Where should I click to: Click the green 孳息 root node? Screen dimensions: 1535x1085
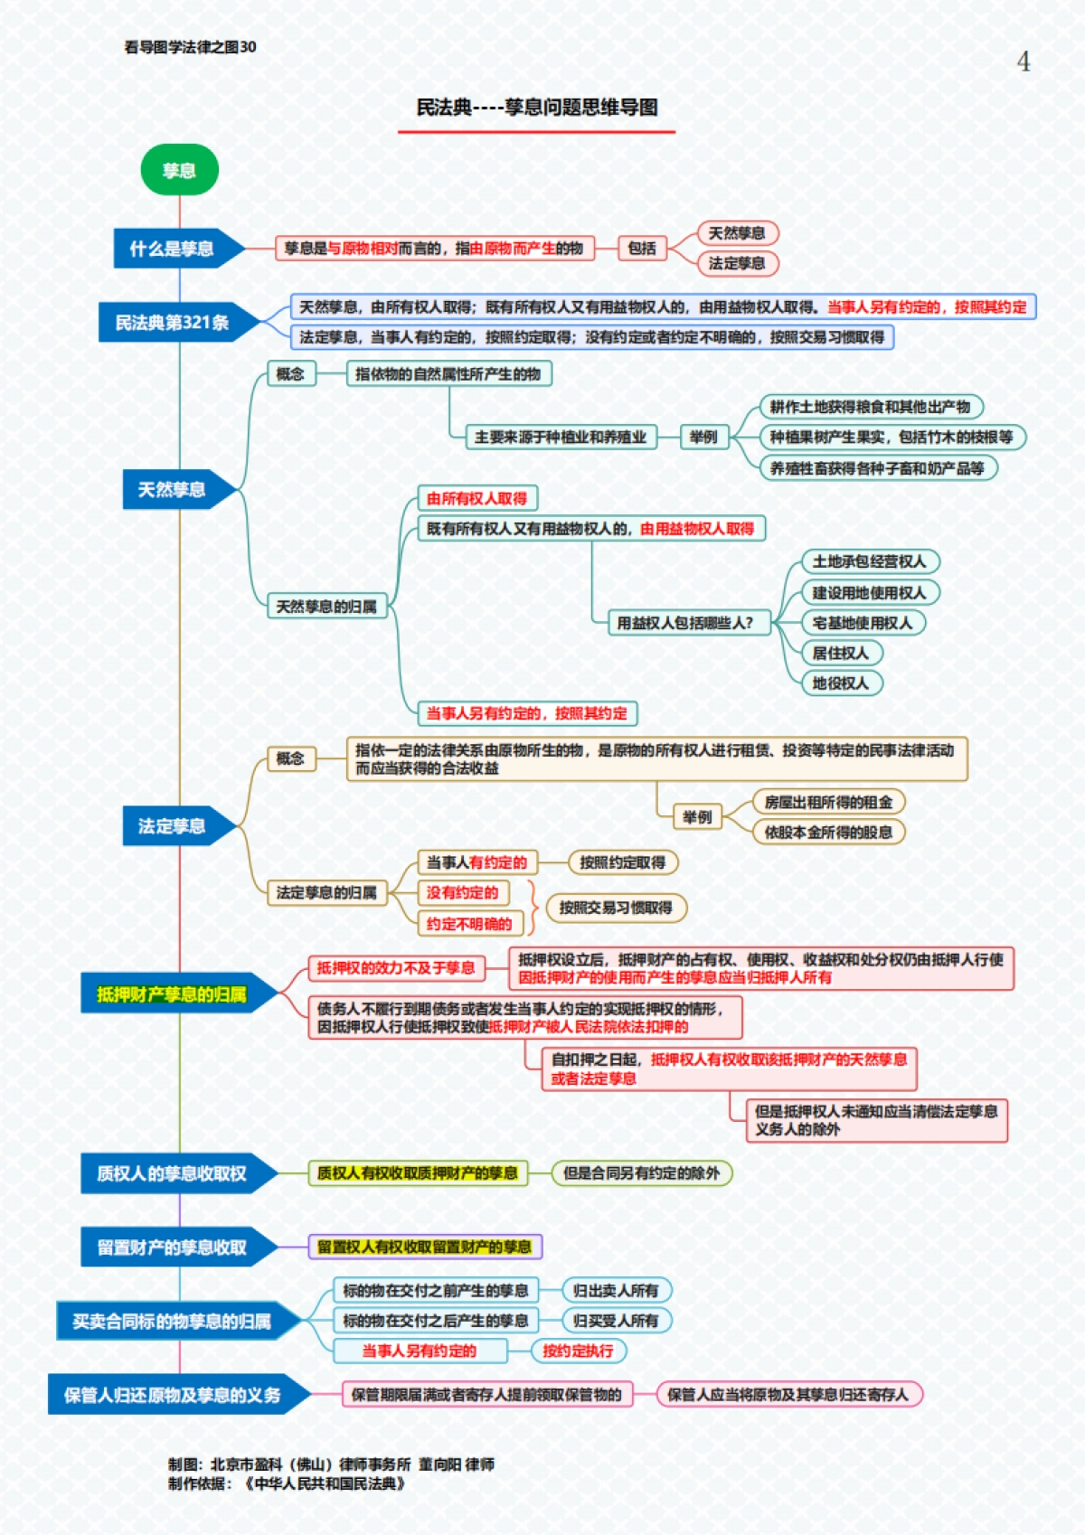point(179,170)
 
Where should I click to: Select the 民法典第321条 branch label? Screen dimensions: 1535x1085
point(172,323)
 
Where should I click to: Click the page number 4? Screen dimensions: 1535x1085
point(1023,61)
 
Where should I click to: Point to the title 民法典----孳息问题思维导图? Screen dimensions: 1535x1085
point(536,108)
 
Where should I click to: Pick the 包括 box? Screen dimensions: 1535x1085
point(642,249)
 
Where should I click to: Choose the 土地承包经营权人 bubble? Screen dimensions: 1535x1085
point(869,561)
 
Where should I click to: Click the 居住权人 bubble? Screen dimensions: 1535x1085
point(840,653)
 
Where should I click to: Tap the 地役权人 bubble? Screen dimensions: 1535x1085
point(840,683)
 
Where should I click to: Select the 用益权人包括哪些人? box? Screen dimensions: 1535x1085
point(684,623)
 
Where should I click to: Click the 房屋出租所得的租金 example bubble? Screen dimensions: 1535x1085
point(828,802)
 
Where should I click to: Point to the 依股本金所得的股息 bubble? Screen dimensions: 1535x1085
point(828,832)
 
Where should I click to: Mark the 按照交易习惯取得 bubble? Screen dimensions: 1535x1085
point(616,908)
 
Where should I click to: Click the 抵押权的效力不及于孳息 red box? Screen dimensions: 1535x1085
point(396,968)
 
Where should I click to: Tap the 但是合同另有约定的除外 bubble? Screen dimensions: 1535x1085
point(641,1173)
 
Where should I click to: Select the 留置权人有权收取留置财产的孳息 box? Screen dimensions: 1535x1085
point(424,1248)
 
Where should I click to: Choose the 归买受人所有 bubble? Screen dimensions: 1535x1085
point(616,1321)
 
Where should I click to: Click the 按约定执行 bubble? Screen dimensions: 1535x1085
point(578,1351)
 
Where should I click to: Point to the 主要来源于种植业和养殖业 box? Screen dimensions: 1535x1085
point(561,438)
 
